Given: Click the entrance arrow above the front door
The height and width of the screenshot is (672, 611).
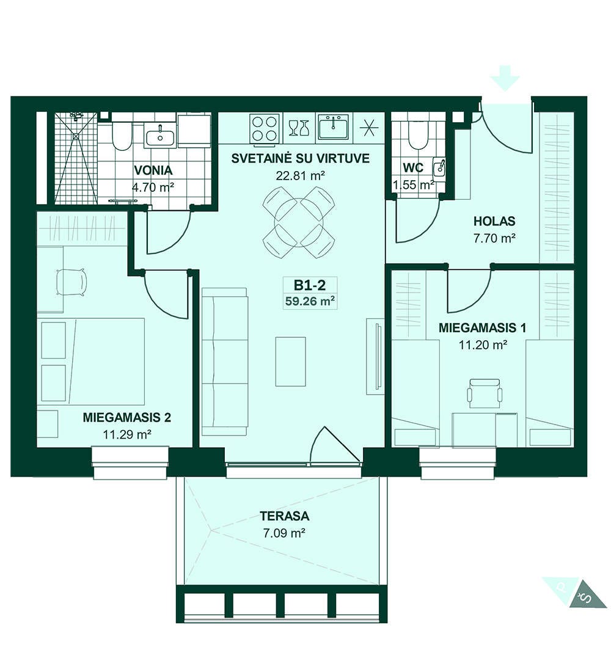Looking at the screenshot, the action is pos(505,78).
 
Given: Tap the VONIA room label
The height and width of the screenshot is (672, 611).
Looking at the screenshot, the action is pos(153,170).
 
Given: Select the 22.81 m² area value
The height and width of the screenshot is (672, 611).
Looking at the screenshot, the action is pos(300,176).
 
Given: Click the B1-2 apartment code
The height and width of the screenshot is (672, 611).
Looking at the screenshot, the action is pos(310,285).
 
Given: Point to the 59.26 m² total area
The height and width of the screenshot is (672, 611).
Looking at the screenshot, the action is pos(310,301).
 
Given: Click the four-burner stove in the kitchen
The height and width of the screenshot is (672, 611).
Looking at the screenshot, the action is pos(264,128).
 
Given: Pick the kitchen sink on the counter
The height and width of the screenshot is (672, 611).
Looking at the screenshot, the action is pos(333,126).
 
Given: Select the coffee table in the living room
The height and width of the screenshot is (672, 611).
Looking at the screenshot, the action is pos(291,361).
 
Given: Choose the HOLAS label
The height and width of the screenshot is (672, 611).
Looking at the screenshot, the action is pos(494,221).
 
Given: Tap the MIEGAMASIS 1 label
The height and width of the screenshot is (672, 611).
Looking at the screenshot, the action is pos(482,328).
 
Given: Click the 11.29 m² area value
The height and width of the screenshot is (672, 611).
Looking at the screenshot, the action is pos(127,434).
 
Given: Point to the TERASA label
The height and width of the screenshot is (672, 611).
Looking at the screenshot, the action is pos(284,516).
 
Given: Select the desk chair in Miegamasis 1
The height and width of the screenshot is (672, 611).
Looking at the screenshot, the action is pos(485,393).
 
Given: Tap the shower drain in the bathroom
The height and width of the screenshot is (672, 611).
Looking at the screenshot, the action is pos(76,136).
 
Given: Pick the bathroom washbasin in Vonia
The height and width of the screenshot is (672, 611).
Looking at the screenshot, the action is pos(160,136).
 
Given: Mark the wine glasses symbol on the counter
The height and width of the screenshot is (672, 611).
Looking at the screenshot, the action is pos(299,128).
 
